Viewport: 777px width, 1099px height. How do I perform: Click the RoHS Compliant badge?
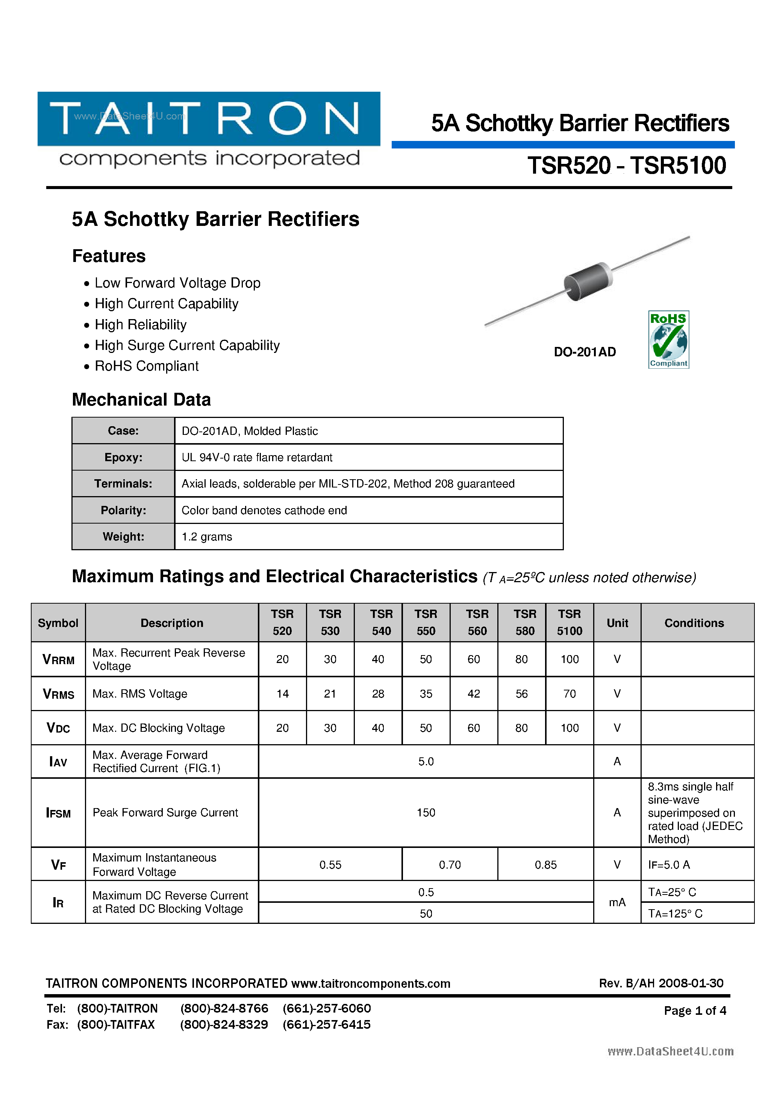[x=668, y=339]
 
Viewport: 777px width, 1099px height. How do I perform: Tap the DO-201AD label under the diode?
[x=585, y=352]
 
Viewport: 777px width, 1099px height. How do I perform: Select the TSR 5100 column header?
[x=569, y=622]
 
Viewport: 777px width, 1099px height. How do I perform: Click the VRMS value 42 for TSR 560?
[x=474, y=693]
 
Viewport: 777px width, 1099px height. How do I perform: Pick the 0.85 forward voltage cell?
[x=545, y=865]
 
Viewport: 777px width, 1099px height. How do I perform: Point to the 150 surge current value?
[x=426, y=812]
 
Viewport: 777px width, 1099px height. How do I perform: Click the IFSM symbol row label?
[x=58, y=813]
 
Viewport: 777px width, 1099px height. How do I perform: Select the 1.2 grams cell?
[x=207, y=537]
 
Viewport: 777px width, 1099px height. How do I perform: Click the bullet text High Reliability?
[x=140, y=324]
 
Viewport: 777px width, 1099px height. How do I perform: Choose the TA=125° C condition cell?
[x=675, y=913]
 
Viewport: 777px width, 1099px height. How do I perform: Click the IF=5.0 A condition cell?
[x=669, y=865]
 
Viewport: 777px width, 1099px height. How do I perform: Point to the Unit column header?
[x=617, y=623]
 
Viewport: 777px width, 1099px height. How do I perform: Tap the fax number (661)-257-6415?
[x=327, y=1024]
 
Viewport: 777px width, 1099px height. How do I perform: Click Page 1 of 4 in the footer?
[x=695, y=1010]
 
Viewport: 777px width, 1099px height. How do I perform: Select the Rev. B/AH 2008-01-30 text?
[x=661, y=983]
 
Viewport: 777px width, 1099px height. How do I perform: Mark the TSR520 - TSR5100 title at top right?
[x=627, y=166]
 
